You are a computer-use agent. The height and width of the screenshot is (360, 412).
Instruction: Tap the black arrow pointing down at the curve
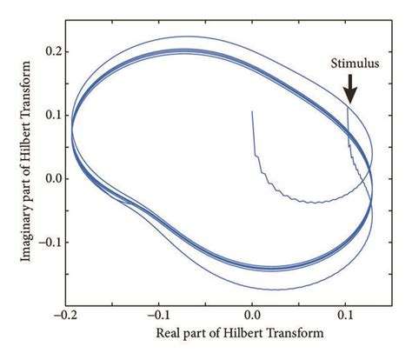[x=349, y=88]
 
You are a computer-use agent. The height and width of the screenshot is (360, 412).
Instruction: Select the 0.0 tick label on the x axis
[x=253, y=317]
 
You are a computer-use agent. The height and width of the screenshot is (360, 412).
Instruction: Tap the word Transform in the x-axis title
[x=296, y=334]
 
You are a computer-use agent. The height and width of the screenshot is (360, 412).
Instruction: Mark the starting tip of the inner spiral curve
[x=252, y=111]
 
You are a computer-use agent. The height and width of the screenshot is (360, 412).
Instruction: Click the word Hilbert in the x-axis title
[x=246, y=334]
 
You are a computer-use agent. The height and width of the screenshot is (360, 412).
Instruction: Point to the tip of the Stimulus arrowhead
[x=349, y=103]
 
